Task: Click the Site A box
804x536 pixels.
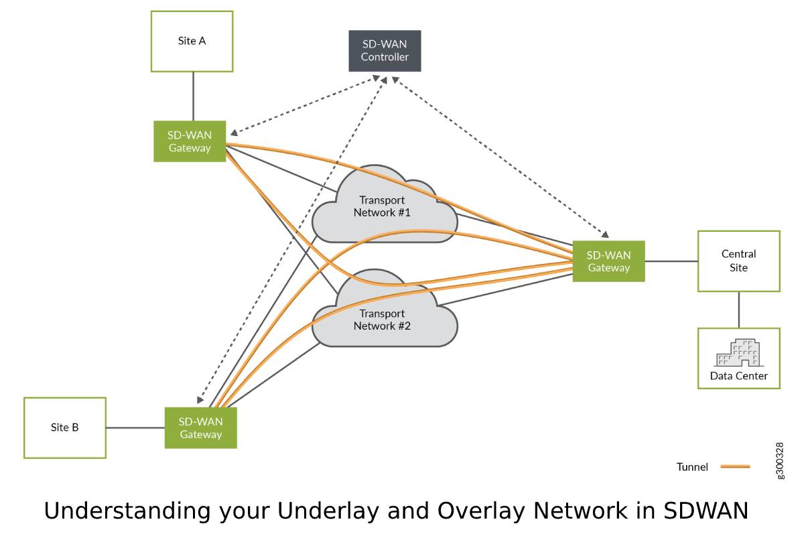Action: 192,41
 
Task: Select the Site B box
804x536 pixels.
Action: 65,427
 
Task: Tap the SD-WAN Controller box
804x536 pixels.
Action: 385,51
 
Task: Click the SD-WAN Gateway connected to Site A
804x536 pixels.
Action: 190,141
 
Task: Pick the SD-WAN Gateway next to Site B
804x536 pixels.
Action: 201,428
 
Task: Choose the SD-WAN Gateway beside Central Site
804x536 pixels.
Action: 608,261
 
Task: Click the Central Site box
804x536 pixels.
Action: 738,261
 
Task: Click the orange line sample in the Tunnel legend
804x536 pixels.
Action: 735,466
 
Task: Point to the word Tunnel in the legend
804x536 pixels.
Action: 692,467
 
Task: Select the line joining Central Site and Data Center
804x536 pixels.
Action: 738,310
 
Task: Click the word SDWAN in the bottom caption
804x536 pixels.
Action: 706,511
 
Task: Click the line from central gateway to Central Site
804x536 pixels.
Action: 671,261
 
